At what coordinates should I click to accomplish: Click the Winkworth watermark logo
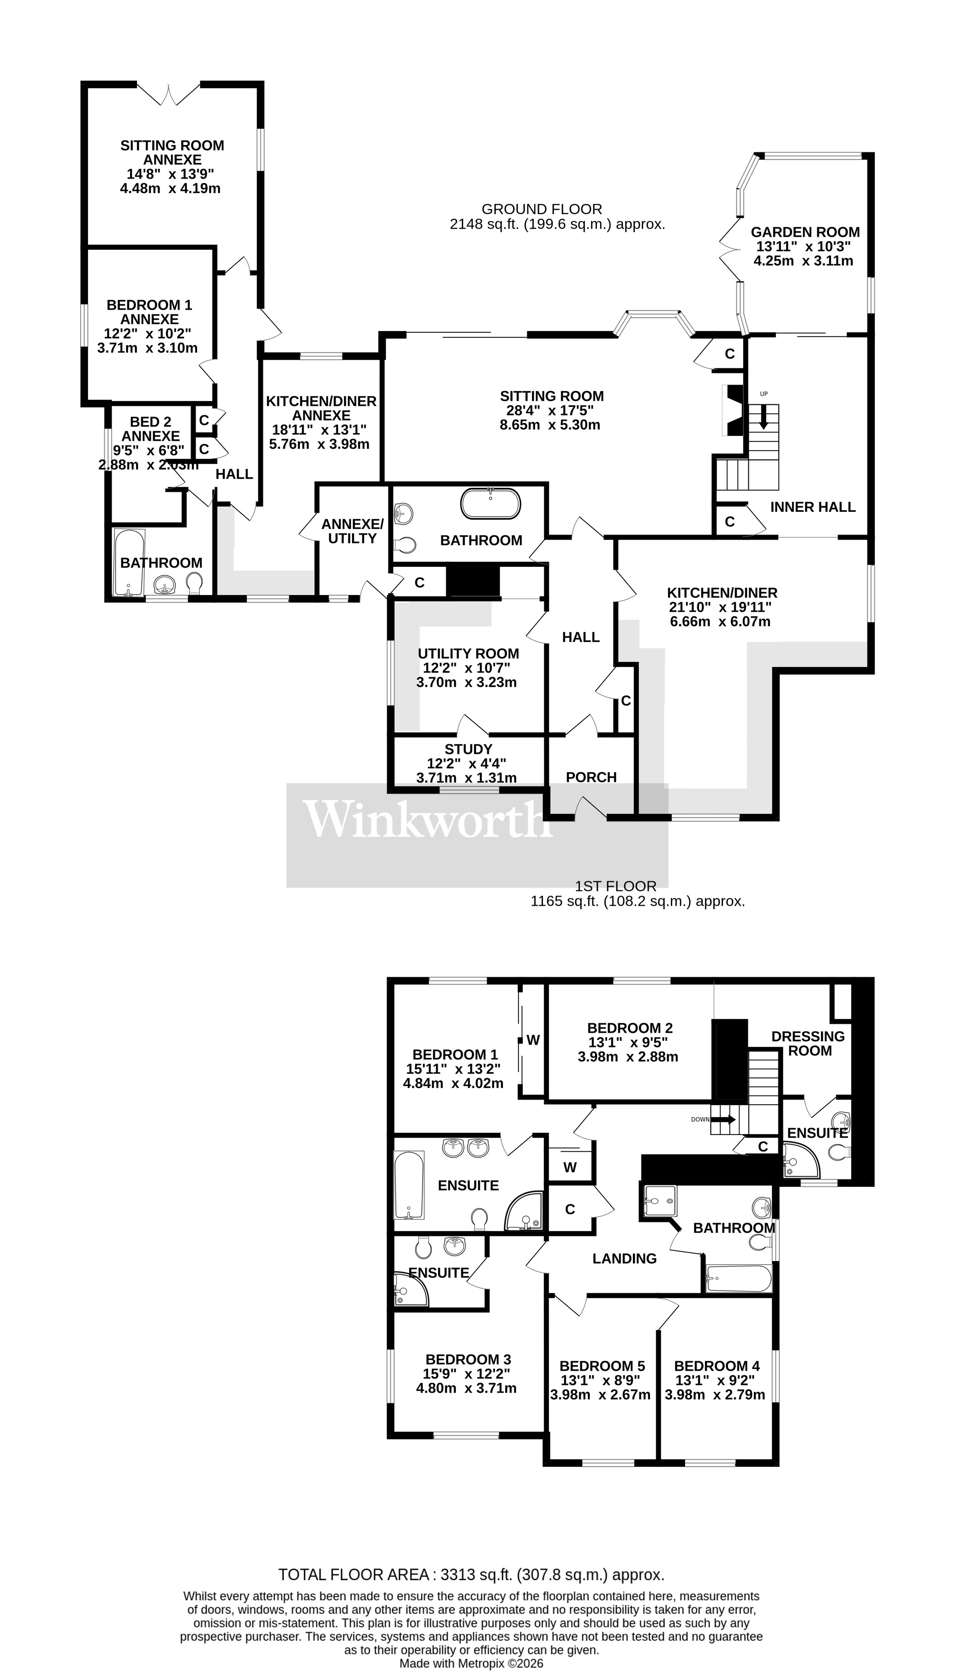[426, 819]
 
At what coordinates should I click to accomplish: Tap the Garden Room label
[805, 232]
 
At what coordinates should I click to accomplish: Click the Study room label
[468, 749]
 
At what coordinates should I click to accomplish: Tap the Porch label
[591, 777]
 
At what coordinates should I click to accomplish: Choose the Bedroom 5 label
[602, 1366]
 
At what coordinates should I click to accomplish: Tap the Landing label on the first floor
[624, 1258]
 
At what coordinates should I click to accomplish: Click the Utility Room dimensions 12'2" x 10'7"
[466, 668]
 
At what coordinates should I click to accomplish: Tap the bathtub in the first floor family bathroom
[738, 1278]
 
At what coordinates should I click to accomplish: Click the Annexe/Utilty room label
[352, 531]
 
